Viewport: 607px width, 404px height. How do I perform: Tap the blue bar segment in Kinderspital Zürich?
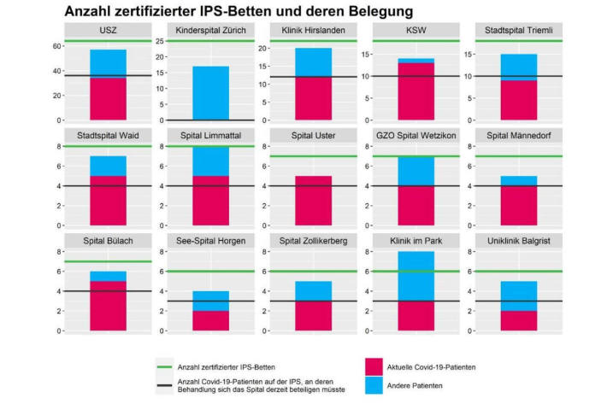pos(203,92)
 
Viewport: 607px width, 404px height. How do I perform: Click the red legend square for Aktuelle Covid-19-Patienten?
pos(373,366)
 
